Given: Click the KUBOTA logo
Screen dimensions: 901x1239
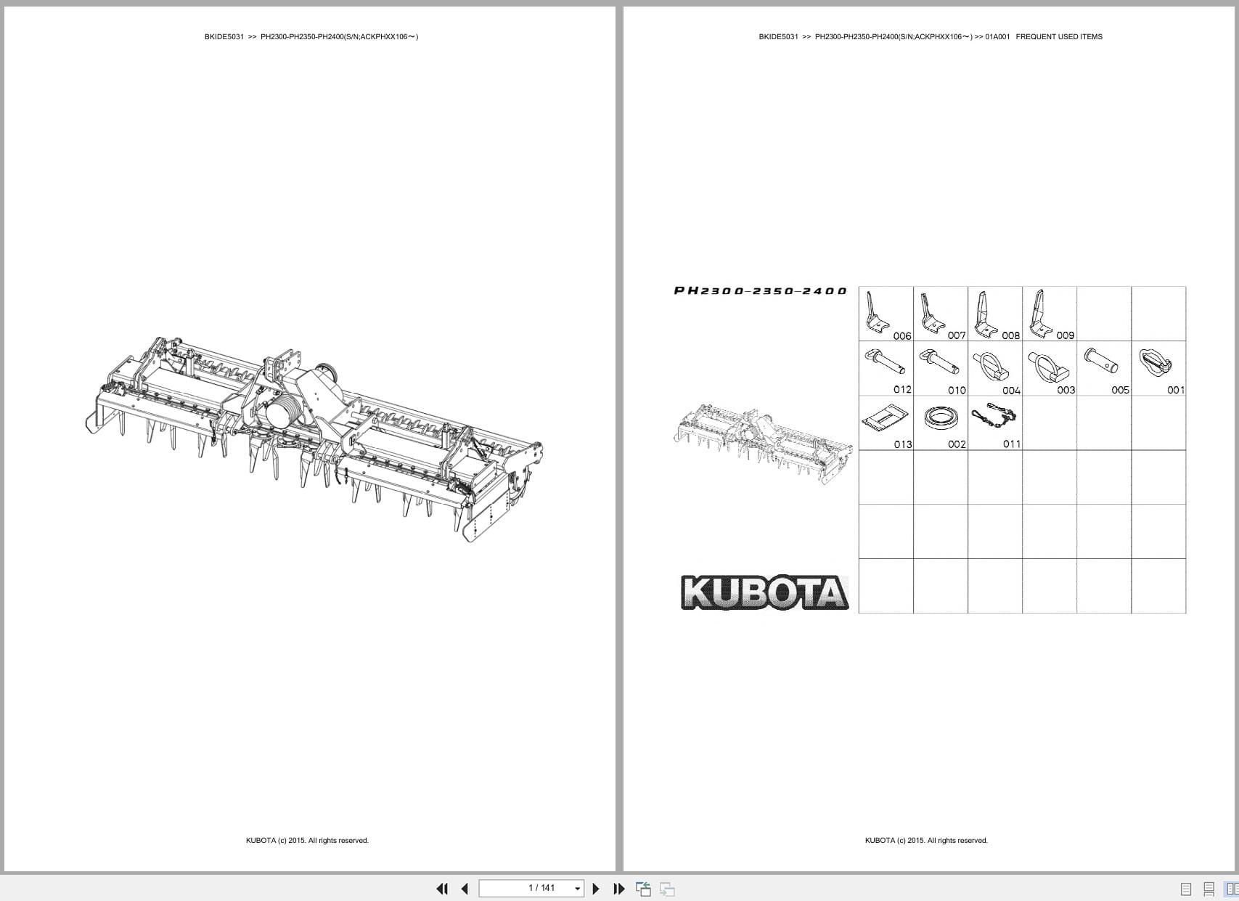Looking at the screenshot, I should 764,592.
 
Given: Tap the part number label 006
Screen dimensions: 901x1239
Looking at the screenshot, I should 902,336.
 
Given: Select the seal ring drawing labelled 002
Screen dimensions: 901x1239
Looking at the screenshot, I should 941,418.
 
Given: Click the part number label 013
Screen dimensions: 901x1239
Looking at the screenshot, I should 903,444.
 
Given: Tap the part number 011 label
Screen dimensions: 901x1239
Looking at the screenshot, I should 1012,444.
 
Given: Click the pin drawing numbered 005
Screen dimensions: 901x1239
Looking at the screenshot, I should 1100,361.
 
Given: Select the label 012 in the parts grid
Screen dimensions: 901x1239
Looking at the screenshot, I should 902,390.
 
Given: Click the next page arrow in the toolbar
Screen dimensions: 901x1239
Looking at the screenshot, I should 596,889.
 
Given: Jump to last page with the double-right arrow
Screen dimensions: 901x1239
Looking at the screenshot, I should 618,889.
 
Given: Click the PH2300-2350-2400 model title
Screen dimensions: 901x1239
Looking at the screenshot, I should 760,291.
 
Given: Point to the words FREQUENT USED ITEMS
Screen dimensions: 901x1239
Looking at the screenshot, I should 1058,37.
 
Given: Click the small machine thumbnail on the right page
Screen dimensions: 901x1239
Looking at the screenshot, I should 763,442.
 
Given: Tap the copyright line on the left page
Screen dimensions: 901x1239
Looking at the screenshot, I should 307,841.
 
